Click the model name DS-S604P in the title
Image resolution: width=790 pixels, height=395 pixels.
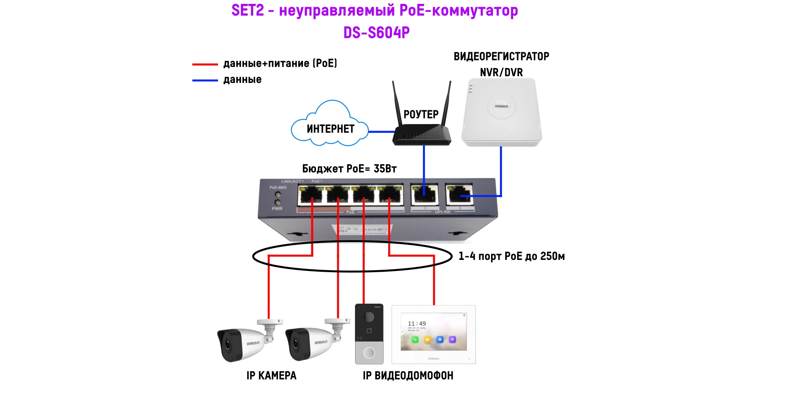pos(376,33)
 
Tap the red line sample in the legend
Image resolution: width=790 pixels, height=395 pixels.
pos(205,64)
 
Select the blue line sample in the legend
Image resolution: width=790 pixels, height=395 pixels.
pos(205,80)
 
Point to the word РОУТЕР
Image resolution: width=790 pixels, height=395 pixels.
pos(421,115)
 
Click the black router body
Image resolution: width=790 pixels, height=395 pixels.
pos(421,136)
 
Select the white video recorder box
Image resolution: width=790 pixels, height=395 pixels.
pos(502,113)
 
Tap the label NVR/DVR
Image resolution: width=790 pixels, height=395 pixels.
pos(501,73)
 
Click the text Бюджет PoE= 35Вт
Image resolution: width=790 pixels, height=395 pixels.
pos(349,169)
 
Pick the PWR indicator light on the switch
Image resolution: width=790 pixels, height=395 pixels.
pos(278,203)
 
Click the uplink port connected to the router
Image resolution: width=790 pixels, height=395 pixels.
pos(425,194)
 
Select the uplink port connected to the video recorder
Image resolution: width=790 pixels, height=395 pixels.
pos(459,194)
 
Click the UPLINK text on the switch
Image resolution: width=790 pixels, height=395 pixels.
pos(442,212)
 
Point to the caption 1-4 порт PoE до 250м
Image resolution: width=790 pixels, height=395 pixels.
pos(512,256)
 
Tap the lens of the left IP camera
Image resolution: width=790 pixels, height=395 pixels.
pos(228,344)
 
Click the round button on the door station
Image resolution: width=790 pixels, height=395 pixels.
pos(369,352)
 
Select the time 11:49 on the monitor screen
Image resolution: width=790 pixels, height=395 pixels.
pos(417,324)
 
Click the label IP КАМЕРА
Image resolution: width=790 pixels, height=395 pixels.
pos(271,376)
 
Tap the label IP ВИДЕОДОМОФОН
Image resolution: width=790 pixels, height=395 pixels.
pos(408,376)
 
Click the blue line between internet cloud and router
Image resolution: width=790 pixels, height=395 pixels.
pos(381,132)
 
